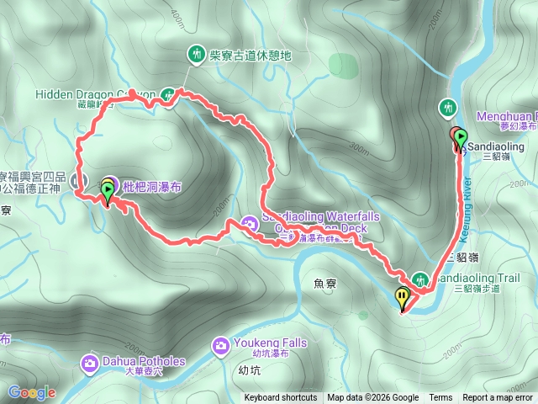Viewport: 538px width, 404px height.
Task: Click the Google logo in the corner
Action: (x=32, y=392)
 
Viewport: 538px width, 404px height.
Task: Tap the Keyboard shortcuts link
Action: (x=281, y=398)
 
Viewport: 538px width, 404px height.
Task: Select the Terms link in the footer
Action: (x=440, y=398)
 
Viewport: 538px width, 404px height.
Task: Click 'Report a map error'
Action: (x=498, y=398)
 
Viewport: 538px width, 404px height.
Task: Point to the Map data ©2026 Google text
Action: (x=372, y=398)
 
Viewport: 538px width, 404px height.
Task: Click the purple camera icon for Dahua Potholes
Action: (x=89, y=364)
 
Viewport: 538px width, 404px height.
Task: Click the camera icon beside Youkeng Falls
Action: (x=221, y=344)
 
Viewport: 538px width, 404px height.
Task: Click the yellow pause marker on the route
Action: (x=403, y=297)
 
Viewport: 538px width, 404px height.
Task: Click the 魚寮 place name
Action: (x=324, y=285)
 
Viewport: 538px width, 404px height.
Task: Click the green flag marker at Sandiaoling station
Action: (x=462, y=136)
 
